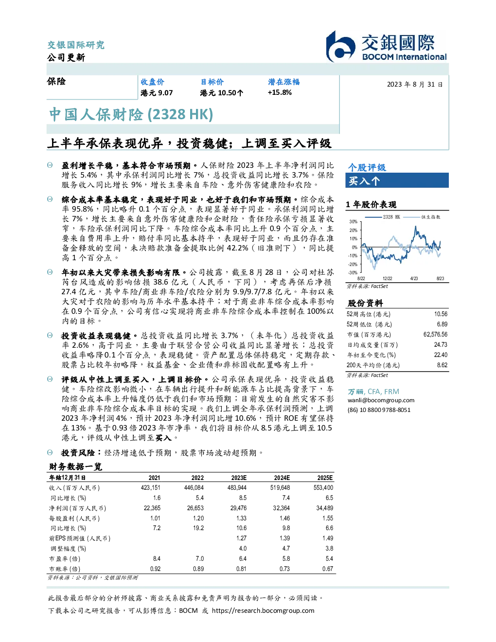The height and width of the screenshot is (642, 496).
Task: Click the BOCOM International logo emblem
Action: tap(340, 46)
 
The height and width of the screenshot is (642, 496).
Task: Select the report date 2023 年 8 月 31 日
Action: tap(414, 85)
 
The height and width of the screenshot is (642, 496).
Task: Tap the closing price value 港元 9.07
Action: tap(157, 93)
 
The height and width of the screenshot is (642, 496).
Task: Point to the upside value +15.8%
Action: tap(280, 93)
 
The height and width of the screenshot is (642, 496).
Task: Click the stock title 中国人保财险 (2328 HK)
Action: tap(131, 114)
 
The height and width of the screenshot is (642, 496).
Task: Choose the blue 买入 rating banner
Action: tap(397, 180)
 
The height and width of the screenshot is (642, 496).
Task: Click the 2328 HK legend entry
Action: tap(382, 217)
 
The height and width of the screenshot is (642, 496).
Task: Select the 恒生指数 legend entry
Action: tap(422, 217)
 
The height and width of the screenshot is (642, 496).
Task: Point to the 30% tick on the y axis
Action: tap(354, 222)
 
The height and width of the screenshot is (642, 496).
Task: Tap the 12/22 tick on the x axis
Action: tap(387, 279)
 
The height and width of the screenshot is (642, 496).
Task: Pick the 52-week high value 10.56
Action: tap(441, 314)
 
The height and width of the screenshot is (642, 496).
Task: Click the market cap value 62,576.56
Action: tap(435, 335)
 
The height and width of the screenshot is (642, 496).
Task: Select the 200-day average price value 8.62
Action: tap(442, 365)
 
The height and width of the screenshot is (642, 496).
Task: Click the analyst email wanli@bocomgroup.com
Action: tap(381, 400)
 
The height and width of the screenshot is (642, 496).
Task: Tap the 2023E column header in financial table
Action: tap(239, 478)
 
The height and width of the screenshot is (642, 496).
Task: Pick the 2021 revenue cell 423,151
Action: tap(150, 488)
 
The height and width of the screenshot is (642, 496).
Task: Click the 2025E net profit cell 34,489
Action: tap(325, 508)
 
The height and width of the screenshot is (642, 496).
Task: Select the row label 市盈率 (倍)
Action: tap(65, 559)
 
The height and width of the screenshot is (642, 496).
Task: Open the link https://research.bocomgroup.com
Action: tap(263, 611)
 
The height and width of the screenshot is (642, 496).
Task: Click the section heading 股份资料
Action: tap(365, 303)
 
